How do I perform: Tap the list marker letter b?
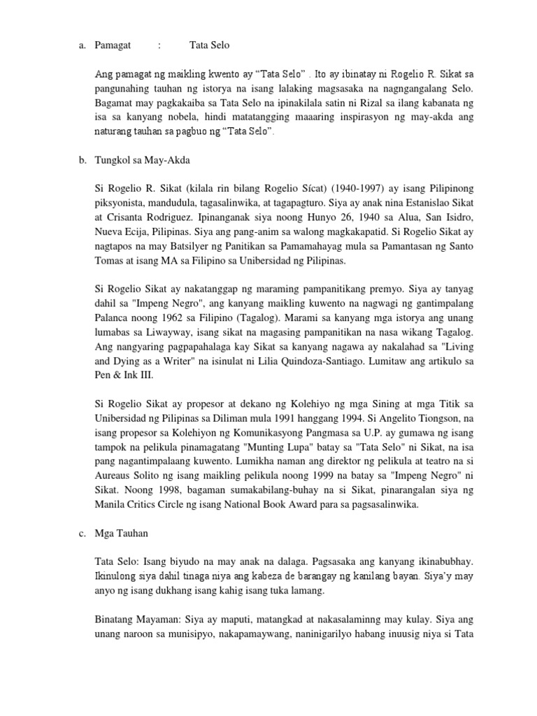(x=81, y=160)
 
